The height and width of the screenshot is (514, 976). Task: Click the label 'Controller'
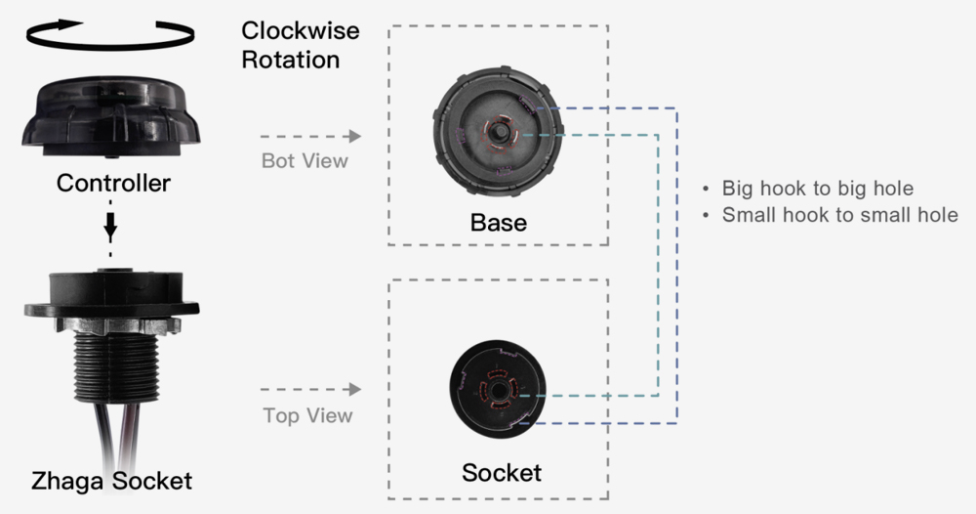pos(113,183)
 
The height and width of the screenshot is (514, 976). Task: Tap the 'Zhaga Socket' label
pos(110,481)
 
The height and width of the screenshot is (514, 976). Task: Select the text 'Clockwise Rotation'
pos(301,45)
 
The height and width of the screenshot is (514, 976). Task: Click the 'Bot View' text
pos(305,160)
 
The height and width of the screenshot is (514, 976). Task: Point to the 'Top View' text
pos(307,415)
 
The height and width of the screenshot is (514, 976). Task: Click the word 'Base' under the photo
pos(498,223)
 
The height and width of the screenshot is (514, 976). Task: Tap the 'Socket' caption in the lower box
pos(501,474)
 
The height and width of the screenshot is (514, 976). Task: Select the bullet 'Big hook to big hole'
pos(818,189)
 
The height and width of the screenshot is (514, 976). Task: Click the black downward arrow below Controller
pos(110,225)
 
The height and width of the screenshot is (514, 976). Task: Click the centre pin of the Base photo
pos(498,129)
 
